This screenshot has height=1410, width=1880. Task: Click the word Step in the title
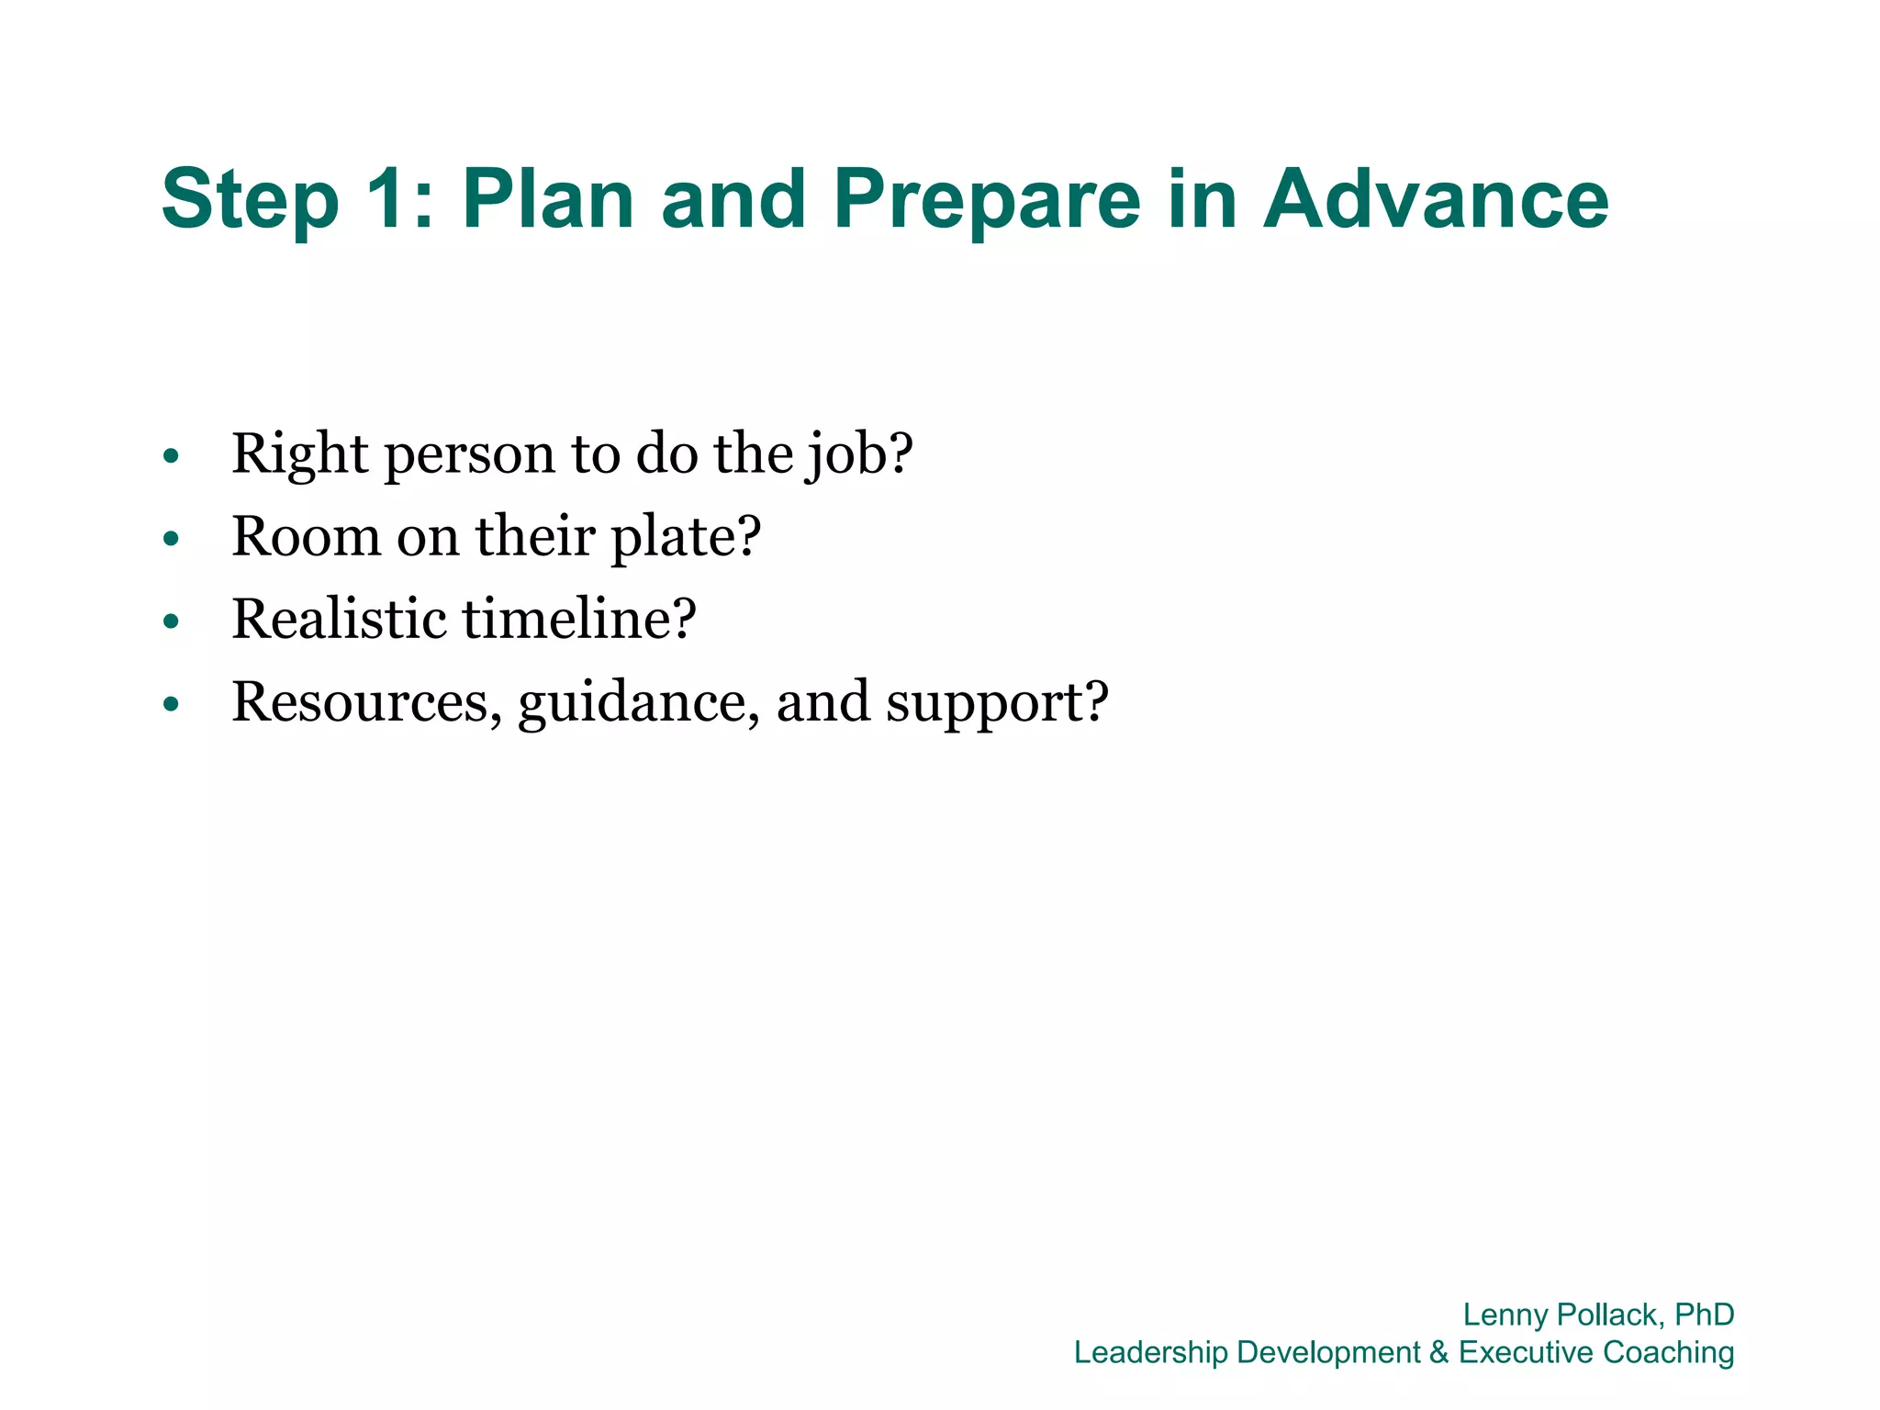(250, 200)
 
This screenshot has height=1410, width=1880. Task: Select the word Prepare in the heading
(987, 200)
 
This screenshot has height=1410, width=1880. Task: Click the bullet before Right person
(171, 456)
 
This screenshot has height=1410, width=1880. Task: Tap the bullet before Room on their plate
(171, 539)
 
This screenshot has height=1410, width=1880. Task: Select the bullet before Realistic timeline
(171, 621)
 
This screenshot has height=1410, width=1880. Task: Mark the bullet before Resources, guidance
(171, 704)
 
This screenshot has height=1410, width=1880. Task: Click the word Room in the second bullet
(306, 536)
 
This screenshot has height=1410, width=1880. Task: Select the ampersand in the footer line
(1438, 1352)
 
